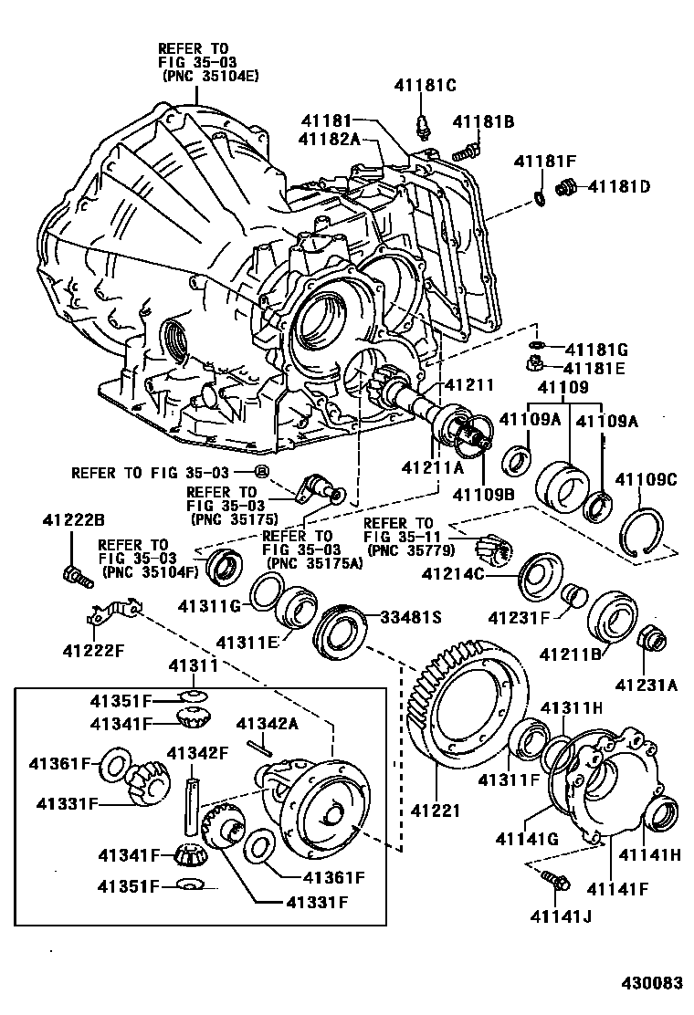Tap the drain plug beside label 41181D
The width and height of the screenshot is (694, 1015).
click(x=565, y=187)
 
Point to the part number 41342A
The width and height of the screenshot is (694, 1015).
click(x=267, y=723)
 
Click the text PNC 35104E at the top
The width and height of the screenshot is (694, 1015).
click(x=211, y=76)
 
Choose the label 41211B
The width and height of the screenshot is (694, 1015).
click(x=570, y=654)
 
